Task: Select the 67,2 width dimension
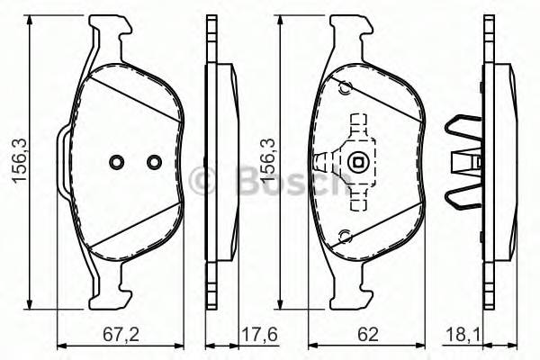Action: pos(120,334)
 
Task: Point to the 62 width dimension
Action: pos(367,334)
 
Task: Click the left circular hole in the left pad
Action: pos(115,162)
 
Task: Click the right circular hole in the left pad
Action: pos(153,162)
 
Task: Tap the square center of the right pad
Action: pos(359,164)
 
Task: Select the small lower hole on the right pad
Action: pos(343,237)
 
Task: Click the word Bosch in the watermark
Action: pos(271,180)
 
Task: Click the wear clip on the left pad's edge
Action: pos(62,162)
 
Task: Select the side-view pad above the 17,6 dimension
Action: pos(219,163)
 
